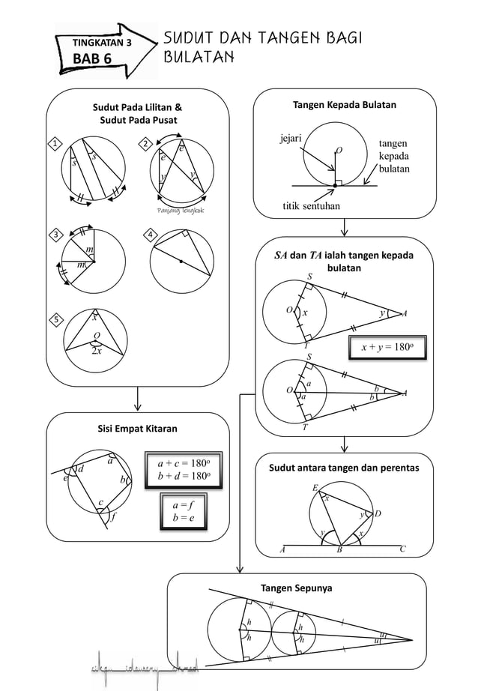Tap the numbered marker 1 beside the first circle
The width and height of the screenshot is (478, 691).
click(55, 143)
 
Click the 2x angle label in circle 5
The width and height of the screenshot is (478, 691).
click(97, 351)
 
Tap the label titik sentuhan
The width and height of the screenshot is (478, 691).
click(310, 205)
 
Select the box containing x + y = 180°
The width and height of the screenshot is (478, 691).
click(387, 348)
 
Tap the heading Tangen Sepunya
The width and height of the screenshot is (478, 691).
click(295, 588)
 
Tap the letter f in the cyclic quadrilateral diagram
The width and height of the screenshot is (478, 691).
click(112, 516)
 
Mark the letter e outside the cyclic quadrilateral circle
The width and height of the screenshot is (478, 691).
click(65, 477)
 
